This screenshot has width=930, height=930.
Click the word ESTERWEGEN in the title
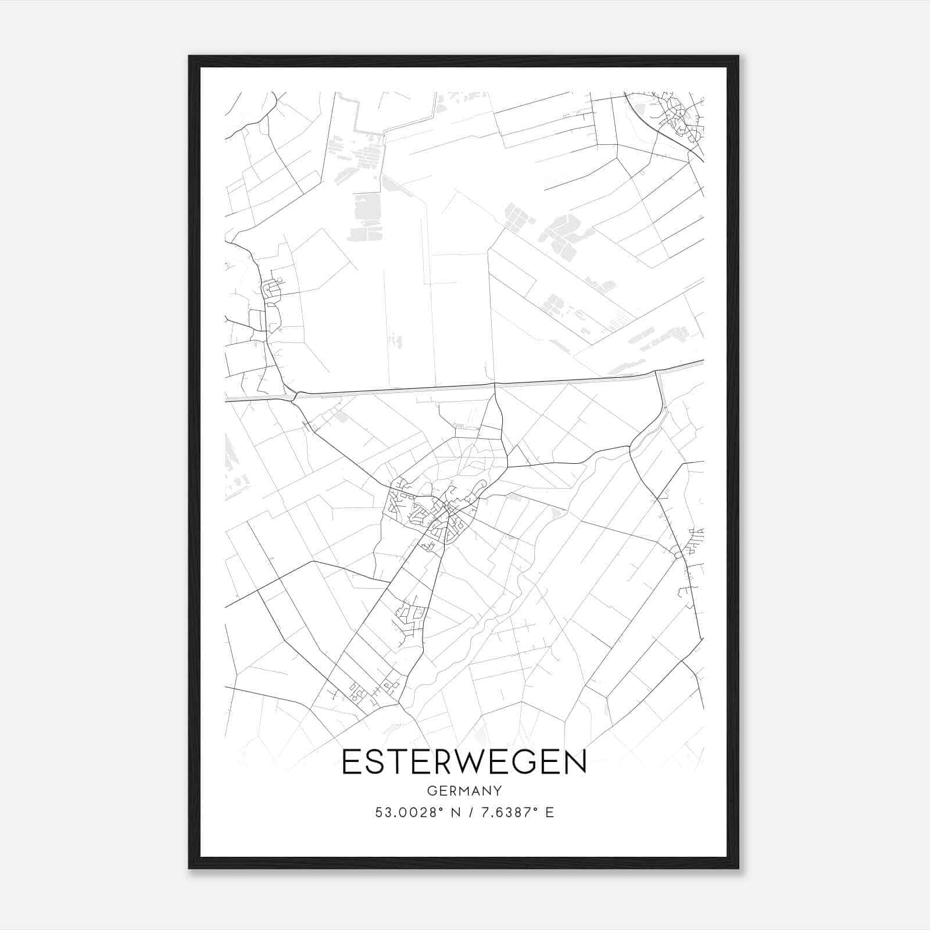click(464, 762)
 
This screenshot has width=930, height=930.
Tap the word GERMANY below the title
click(464, 791)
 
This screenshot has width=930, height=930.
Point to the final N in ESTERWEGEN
click(575, 762)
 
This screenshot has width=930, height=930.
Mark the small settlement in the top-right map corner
click(677, 116)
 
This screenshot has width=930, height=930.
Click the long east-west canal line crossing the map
click(465, 386)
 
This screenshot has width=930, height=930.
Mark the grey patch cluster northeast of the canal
click(558, 227)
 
